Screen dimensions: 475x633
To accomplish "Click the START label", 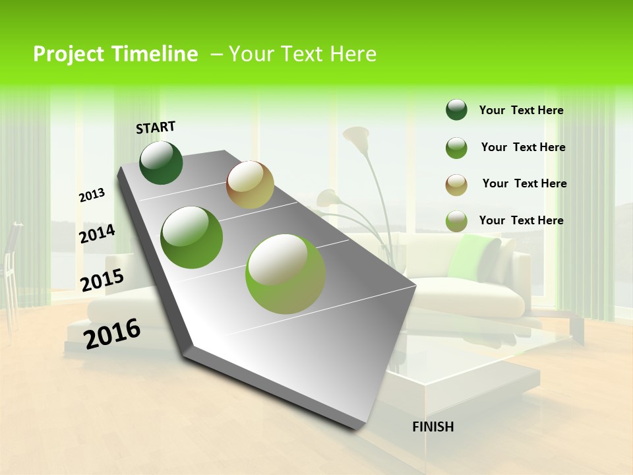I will (x=156, y=127).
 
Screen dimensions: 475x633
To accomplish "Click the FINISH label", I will (x=433, y=427).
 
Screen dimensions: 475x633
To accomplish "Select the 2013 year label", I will (x=92, y=195).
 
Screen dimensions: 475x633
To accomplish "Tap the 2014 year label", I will (x=98, y=234).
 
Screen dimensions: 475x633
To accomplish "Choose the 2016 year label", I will (x=112, y=333).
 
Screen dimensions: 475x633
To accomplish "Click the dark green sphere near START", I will (x=161, y=163).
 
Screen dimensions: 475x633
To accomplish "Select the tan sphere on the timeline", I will (x=250, y=185).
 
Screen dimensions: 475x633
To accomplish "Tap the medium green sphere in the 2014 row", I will (x=192, y=237).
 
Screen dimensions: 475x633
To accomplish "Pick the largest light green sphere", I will (x=286, y=274).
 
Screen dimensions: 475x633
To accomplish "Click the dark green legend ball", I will (x=456, y=110).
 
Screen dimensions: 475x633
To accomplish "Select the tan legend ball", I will (x=456, y=184).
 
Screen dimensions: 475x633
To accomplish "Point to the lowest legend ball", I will (x=456, y=221).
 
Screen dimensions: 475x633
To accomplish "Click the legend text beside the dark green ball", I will (x=521, y=111).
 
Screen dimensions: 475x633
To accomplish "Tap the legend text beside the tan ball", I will (x=524, y=183).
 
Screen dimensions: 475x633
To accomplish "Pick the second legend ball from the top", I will (x=456, y=148).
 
